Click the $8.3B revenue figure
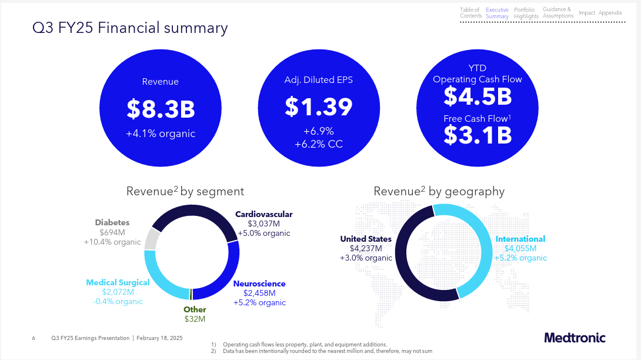[x=161, y=109]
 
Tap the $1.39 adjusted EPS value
[x=318, y=106]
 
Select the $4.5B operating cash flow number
[x=478, y=95]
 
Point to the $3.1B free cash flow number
[x=478, y=135]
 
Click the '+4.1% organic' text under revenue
[x=161, y=134]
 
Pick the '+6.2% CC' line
[x=318, y=144]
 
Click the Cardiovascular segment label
[x=263, y=214]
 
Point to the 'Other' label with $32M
[x=195, y=309]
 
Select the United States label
[x=365, y=239]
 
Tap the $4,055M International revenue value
[x=520, y=248]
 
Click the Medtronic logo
[x=574, y=338]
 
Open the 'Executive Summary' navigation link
[x=497, y=13]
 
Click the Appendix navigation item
[x=610, y=13]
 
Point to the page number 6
[x=34, y=338]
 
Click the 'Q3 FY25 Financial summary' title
[x=129, y=28]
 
